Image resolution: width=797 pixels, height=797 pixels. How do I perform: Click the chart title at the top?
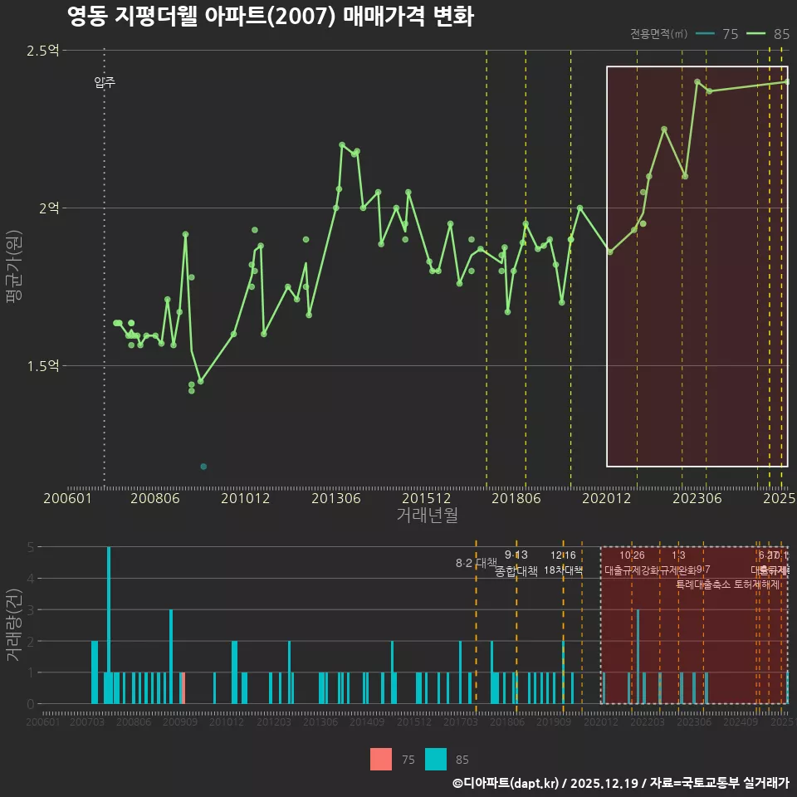270,17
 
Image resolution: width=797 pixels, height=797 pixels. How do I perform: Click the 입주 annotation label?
105,82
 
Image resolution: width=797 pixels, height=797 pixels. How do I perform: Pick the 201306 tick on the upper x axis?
335,498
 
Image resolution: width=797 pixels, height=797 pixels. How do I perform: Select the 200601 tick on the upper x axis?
67,498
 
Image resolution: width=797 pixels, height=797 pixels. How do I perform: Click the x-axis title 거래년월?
427,515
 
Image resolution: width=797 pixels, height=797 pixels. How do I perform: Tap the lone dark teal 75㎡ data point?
203,467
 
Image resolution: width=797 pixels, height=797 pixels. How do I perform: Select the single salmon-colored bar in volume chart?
183,688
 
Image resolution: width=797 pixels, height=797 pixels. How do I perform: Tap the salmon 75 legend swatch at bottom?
381,759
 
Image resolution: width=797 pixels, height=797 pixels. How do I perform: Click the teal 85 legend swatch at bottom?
436,759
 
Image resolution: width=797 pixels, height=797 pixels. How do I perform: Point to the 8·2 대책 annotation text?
476,563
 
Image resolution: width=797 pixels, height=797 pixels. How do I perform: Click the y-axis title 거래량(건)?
13,624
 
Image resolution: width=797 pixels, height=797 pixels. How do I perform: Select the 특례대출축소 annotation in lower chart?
702,584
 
